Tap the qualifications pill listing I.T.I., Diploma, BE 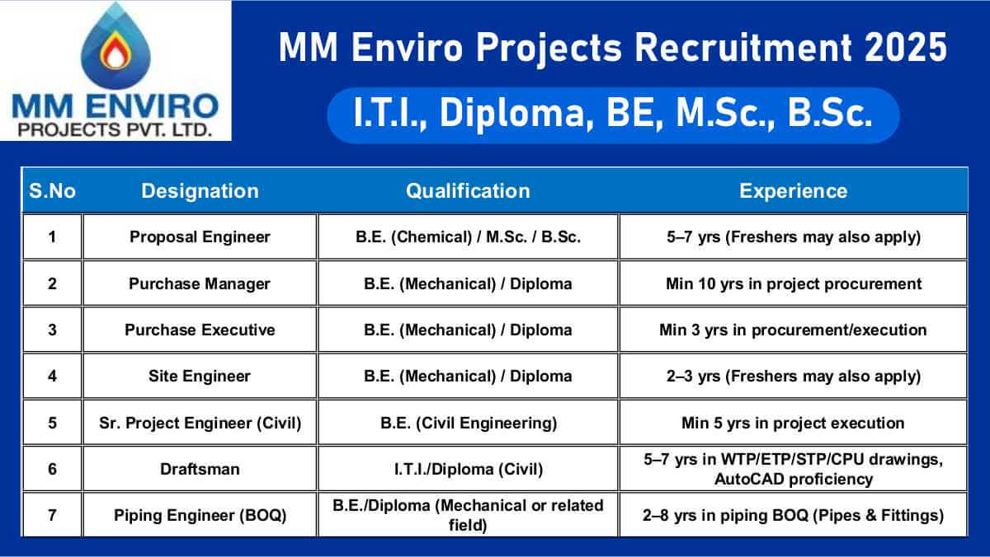612,115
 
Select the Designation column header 200,191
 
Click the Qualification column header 468,191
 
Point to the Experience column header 793,191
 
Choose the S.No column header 52,191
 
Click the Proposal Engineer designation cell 200,237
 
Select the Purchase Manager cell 200,283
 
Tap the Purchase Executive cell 200,330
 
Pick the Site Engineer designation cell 200,376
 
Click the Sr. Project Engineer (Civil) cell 200,423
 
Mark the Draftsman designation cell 200,469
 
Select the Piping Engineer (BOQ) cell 200,516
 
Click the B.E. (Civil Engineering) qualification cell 468,423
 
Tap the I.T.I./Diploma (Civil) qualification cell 468,469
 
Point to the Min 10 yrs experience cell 793,283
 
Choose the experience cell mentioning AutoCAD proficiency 793,469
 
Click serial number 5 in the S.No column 52,423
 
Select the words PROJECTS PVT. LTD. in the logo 115,130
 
